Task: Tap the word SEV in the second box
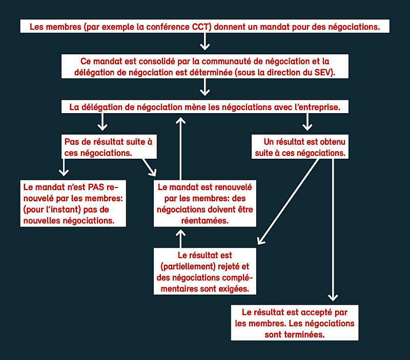(x=323, y=72)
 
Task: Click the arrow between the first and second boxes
(x=205, y=41)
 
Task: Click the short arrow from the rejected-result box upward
(x=180, y=238)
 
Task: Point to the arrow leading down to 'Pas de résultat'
(x=102, y=121)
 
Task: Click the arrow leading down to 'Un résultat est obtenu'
(x=307, y=121)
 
